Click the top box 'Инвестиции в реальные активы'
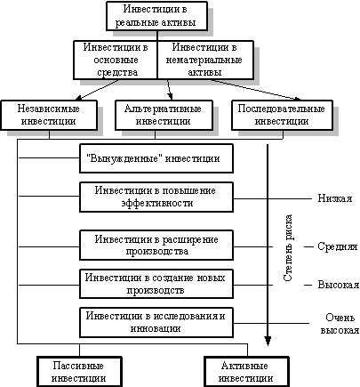[x=156, y=16]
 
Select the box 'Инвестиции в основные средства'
[x=116, y=60]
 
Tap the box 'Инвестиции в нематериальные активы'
[x=205, y=60]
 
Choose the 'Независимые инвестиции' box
[x=49, y=115]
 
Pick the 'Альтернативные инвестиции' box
[x=164, y=115]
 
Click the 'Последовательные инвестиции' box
[x=282, y=115]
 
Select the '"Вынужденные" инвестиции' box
[x=156, y=158]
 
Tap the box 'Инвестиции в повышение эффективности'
[x=156, y=197]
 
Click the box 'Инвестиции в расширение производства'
[x=156, y=246]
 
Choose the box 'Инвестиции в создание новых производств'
[x=156, y=284]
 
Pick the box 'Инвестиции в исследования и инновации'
[x=156, y=322]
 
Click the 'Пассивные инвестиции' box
[x=79, y=372]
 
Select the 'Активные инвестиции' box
[x=246, y=372]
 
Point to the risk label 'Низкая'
[x=335, y=198]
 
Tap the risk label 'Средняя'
[x=338, y=246]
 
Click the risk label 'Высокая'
[x=339, y=285]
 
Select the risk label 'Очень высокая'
[x=340, y=324]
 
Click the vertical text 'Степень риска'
[x=288, y=248]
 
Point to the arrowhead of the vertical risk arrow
[x=268, y=341]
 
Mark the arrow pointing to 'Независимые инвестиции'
[x=97, y=90]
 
